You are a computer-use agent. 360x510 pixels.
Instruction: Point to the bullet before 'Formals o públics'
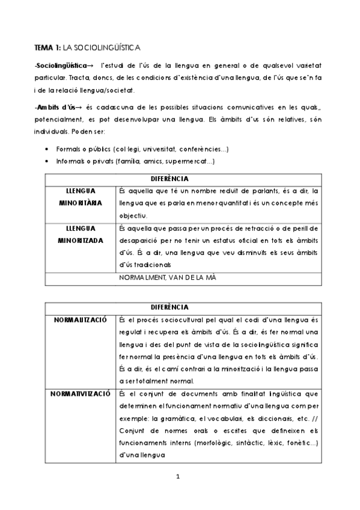tap(47, 149)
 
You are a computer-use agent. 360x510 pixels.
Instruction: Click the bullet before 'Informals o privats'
tap(47, 161)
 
